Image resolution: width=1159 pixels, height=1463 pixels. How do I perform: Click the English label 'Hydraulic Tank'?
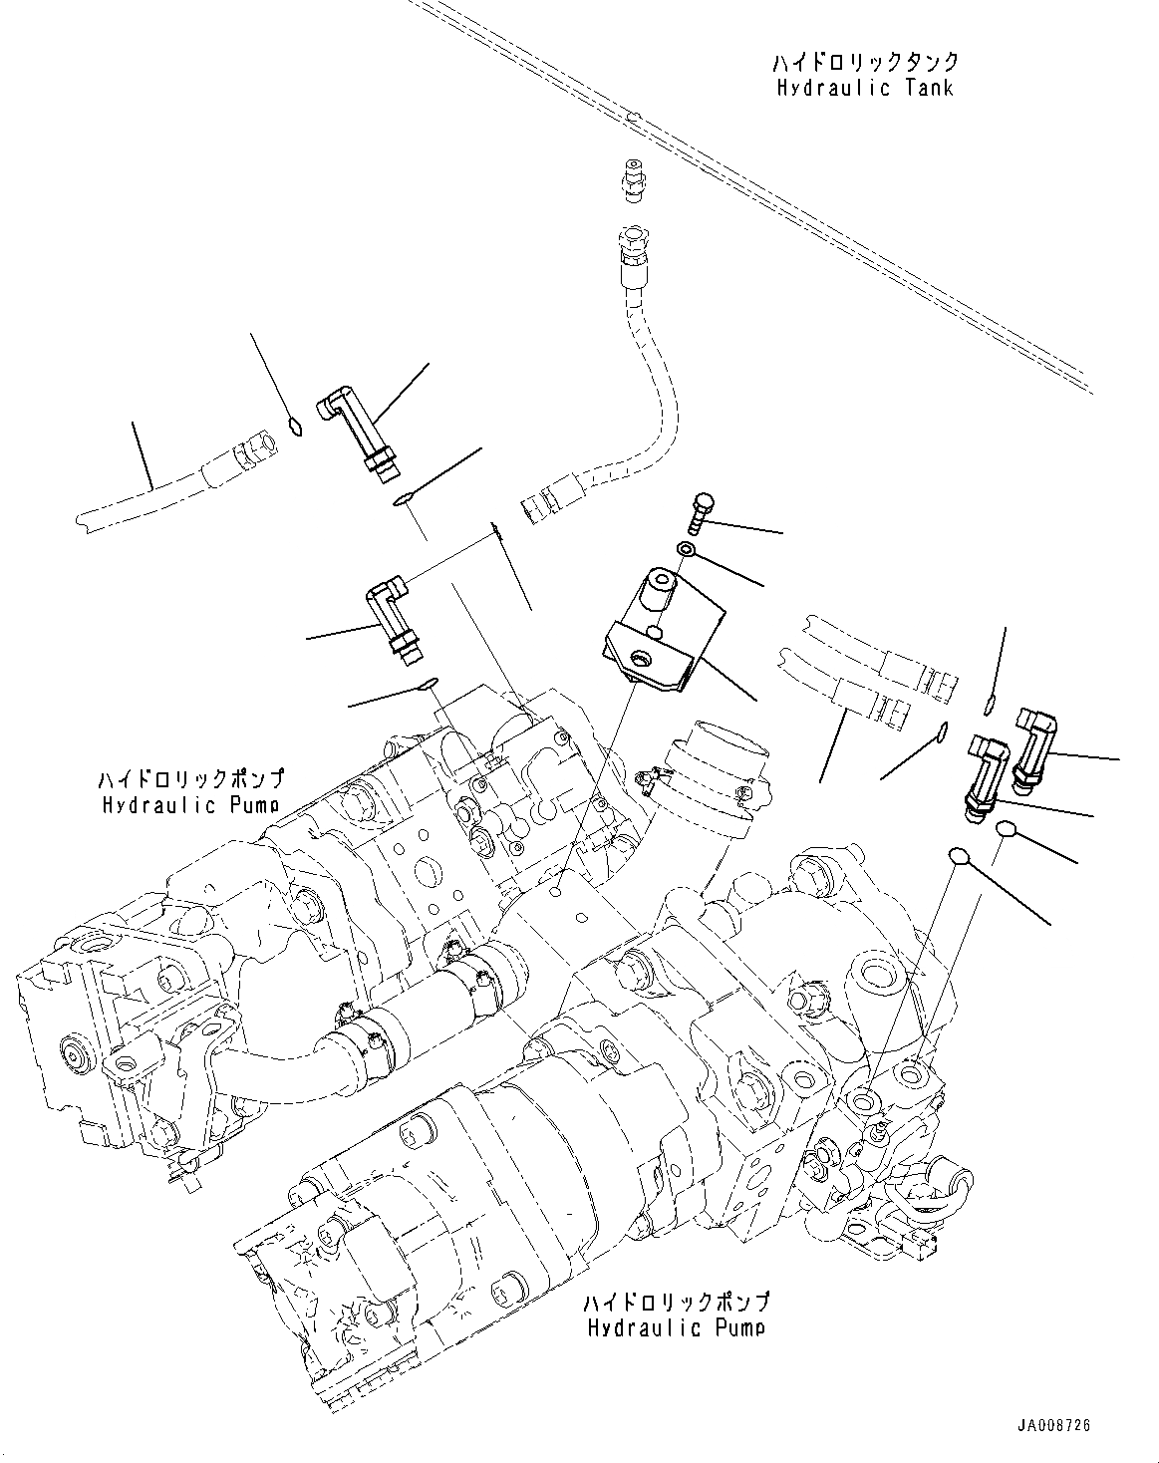tap(864, 88)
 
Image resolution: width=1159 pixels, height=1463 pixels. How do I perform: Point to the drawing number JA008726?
tap(1053, 1425)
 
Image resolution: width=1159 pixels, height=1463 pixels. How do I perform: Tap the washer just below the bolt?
tap(687, 550)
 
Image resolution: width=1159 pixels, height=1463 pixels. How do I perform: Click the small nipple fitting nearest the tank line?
tap(632, 180)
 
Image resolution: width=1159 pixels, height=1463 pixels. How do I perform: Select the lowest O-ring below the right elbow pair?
tap(960, 855)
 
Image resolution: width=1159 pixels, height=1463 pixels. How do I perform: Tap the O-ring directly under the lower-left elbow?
tap(427, 684)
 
